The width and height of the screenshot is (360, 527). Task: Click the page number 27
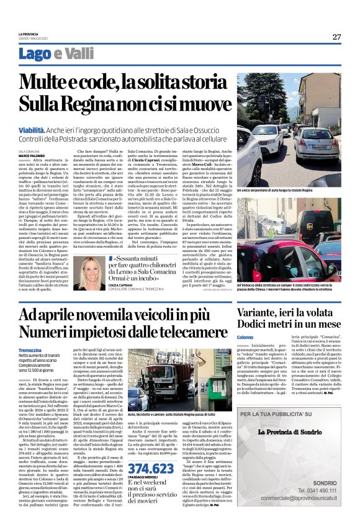pos(336,37)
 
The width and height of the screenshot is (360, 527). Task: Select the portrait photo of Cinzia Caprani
pos(93,273)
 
